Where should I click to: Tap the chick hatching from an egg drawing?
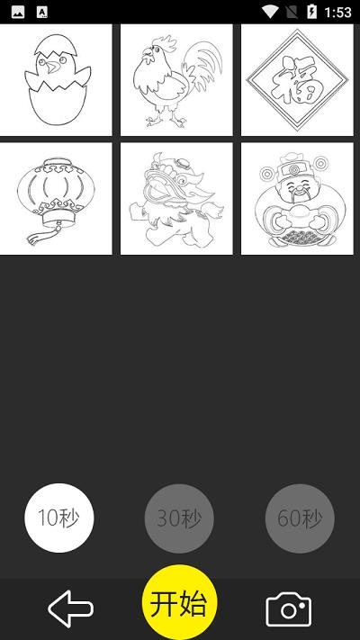(x=56, y=80)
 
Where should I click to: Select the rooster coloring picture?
(x=176, y=80)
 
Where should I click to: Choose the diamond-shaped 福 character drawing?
(x=297, y=80)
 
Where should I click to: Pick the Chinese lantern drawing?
(x=56, y=199)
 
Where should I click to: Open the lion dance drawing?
(x=176, y=199)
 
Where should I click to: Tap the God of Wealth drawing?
(x=297, y=199)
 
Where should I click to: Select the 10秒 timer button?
(x=59, y=518)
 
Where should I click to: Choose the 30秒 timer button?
(x=179, y=518)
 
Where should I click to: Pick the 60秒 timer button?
(x=300, y=518)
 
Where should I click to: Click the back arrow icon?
(x=70, y=608)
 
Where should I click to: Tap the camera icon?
(x=289, y=609)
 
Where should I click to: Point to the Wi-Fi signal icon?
(x=270, y=12)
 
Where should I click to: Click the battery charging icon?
(x=311, y=12)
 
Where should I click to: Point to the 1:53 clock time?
(x=338, y=13)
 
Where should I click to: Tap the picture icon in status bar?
(x=18, y=13)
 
